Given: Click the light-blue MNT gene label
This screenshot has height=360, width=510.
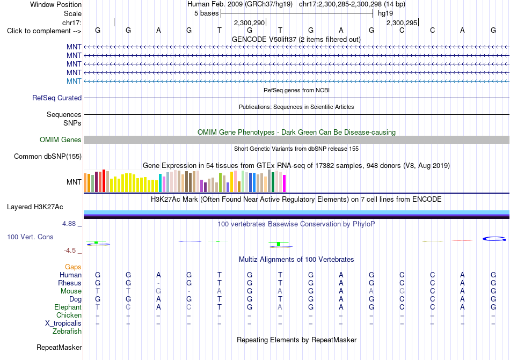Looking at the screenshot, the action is coord(74,81).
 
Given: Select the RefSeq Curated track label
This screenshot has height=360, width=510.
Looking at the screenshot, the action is coord(57,98).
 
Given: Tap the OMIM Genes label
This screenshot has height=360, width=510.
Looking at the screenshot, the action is coord(61,139).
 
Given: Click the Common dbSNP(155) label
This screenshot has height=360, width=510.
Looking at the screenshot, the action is coord(48,156).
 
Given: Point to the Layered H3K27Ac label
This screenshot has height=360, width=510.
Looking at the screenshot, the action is coord(35,207).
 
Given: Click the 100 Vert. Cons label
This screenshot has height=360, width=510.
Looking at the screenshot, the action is coord(30,237).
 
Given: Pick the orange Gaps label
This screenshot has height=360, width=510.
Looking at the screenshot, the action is coord(73,267).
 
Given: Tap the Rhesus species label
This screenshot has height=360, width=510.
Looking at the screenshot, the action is coord(70,283).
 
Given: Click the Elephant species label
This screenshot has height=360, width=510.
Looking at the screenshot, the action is coord(68,307).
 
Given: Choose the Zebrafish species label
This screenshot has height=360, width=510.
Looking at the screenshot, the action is coord(67,332).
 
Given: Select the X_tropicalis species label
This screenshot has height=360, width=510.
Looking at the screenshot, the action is coord(63,324).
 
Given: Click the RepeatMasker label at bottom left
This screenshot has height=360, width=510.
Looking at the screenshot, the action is coord(59,347).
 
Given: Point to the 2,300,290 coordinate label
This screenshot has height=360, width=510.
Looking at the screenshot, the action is coord(250,23).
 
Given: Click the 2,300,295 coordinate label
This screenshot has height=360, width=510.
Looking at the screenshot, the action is coord(402,23).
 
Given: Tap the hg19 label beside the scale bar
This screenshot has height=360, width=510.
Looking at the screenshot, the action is coord(385,13).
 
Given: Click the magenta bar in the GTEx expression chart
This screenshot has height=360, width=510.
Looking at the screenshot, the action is coord(285,183).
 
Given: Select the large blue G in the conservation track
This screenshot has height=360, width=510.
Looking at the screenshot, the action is coord(494,239).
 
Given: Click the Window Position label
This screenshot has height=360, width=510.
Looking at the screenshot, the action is coord(56,4).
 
